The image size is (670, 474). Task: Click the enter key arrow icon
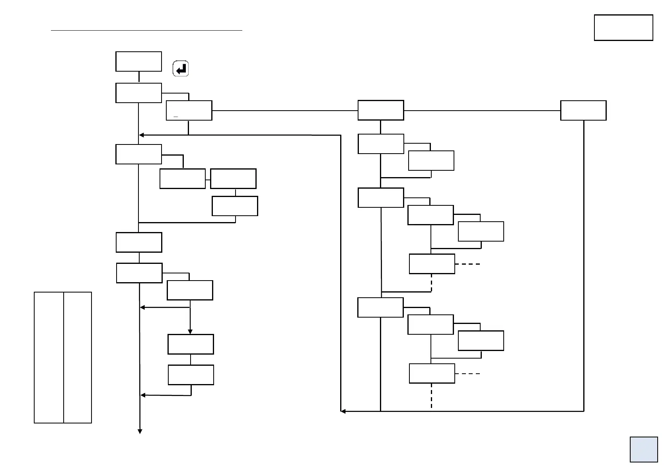click(x=181, y=69)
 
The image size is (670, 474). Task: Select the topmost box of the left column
click(x=138, y=61)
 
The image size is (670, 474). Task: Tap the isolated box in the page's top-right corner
click(x=623, y=27)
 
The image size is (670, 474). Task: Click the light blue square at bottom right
click(x=643, y=449)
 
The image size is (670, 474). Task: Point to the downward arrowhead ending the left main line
click(x=140, y=431)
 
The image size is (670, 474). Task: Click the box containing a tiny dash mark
click(x=189, y=110)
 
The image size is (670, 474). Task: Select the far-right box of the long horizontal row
click(x=583, y=110)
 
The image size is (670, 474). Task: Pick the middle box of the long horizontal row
click(x=381, y=110)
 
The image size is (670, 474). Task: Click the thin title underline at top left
click(x=146, y=30)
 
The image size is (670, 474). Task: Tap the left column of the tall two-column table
click(x=49, y=357)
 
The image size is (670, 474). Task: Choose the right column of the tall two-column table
click(x=78, y=357)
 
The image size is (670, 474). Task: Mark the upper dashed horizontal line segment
click(x=468, y=264)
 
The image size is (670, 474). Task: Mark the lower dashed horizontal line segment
click(x=468, y=374)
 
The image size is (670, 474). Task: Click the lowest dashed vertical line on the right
click(x=431, y=396)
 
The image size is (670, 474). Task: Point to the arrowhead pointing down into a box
click(x=190, y=332)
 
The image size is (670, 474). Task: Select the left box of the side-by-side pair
click(x=182, y=179)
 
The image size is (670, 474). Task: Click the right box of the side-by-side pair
click(x=233, y=179)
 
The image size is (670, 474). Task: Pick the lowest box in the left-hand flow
click(x=191, y=375)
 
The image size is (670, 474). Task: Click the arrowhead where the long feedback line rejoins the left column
click(x=141, y=135)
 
